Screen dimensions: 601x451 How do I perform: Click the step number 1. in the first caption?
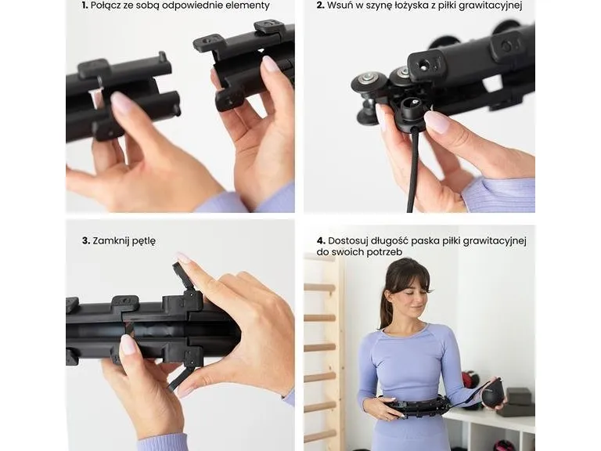85,5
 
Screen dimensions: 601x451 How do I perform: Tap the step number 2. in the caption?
320,5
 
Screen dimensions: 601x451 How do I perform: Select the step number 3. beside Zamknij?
86,241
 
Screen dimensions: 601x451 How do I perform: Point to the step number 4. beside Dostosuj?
321,241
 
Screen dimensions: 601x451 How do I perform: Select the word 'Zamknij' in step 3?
111,241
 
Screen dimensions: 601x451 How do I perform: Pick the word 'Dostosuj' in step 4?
348,241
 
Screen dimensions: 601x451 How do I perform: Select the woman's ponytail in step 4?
387,303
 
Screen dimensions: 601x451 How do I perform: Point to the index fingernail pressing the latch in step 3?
183,258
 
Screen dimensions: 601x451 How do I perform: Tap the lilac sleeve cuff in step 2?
498,195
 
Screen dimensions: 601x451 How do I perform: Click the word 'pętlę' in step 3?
144,242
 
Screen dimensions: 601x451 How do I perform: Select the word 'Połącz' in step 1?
106,5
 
